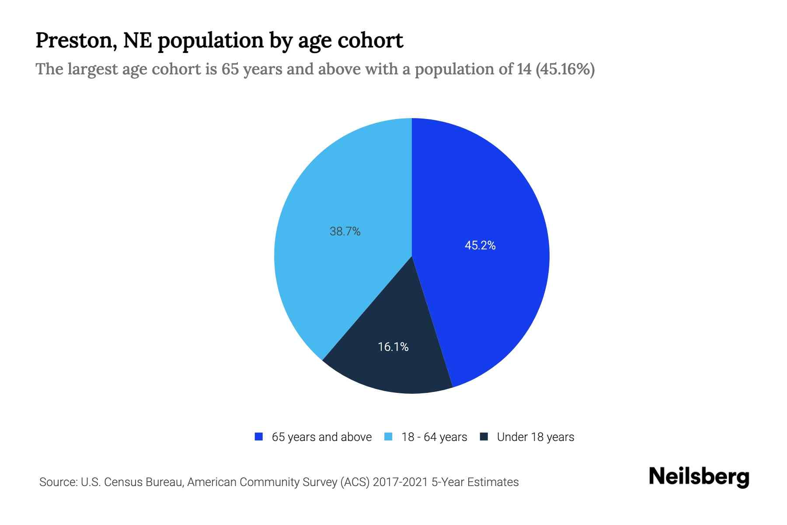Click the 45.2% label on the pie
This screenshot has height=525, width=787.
click(x=480, y=245)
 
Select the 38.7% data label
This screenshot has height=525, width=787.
click(x=345, y=231)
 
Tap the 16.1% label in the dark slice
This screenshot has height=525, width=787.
click(x=393, y=347)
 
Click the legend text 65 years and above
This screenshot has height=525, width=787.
click(x=321, y=437)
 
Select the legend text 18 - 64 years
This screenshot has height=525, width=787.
click(x=434, y=437)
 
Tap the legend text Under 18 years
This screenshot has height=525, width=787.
click(x=535, y=437)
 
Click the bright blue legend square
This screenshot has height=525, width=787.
click(x=259, y=437)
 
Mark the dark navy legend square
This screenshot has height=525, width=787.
click(x=484, y=437)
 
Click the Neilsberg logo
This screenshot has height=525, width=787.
click(x=699, y=477)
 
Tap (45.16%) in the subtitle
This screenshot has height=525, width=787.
click(x=565, y=69)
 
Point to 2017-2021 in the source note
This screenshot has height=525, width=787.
click(x=400, y=482)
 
